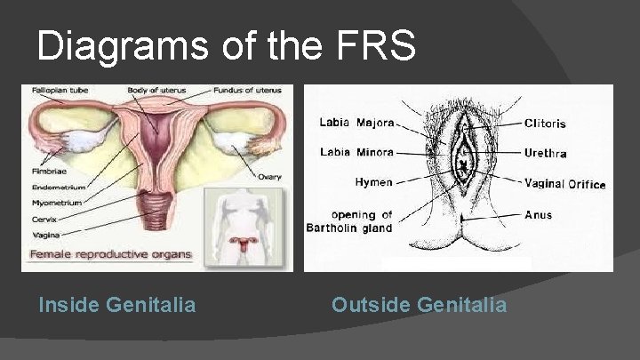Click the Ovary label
[268, 177]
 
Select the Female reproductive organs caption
[110, 254]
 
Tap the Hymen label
[374, 182]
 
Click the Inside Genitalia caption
[118, 305]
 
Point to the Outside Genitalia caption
[420, 305]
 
